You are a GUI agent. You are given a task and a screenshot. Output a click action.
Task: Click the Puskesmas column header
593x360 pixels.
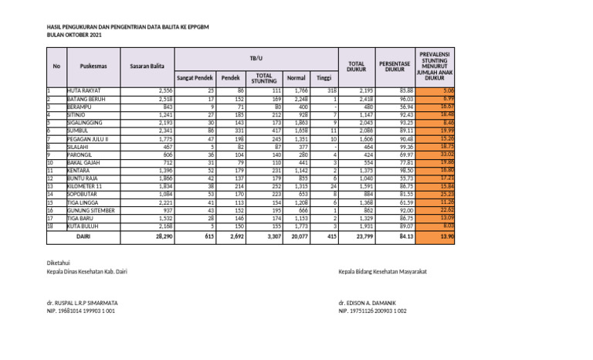[x=81, y=66]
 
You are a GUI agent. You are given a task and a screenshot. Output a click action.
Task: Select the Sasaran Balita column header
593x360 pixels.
[x=147, y=66]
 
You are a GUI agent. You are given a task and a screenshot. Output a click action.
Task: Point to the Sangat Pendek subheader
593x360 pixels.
[x=195, y=78]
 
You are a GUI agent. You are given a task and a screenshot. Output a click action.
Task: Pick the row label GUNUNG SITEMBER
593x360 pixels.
[x=90, y=209]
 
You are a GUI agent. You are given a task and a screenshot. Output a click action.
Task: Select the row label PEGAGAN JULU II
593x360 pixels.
[x=88, y=138]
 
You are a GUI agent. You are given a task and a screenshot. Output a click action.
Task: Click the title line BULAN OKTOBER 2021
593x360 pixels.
[x=73, y=36]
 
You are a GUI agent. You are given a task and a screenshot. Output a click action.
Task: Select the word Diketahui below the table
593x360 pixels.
[x=59, y=263]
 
